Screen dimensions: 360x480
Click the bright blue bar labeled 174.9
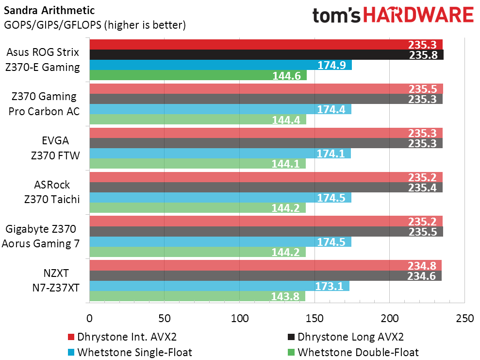(220, 65)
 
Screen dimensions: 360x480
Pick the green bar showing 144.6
(198, 75)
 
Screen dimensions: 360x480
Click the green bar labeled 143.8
(197, 296)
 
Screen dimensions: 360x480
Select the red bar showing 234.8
(265, 265)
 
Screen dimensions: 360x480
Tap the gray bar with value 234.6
(265, 276)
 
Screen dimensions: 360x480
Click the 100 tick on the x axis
(239, 319)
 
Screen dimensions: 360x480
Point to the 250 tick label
(464, 319)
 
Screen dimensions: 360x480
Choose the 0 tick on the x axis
(89, 319)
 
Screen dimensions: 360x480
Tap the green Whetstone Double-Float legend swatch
(291, 352)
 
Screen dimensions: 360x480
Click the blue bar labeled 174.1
(220, 154)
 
